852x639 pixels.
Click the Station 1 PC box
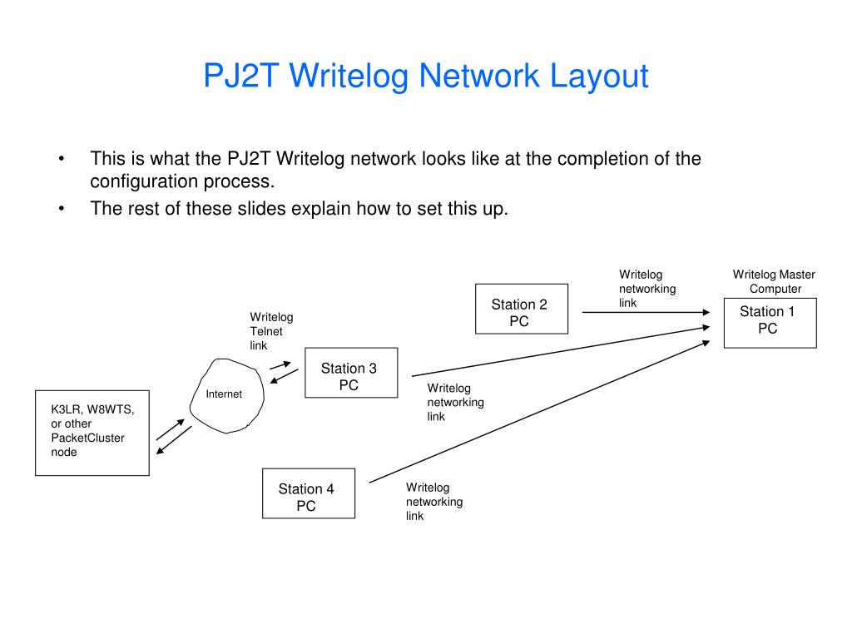tap(770, 323)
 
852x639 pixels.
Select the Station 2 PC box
tap(522, 309)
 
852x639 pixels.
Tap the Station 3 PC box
tap(351, 373)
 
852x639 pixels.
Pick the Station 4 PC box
tap(309, 493)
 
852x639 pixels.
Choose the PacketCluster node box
tap(92, 433)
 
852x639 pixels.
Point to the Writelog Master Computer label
tap(775, 281)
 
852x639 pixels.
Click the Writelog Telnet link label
tap(271, 331)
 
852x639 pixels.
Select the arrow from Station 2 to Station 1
tap(646, 313)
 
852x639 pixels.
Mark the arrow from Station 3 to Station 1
tap(561, 351)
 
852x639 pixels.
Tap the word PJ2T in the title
tap(241, 75)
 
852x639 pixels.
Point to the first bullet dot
tap(62, 159)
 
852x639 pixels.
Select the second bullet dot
tap(62, 209)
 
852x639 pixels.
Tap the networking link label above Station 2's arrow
tap(647, 289)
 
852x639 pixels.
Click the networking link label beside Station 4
tap(434, 502)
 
